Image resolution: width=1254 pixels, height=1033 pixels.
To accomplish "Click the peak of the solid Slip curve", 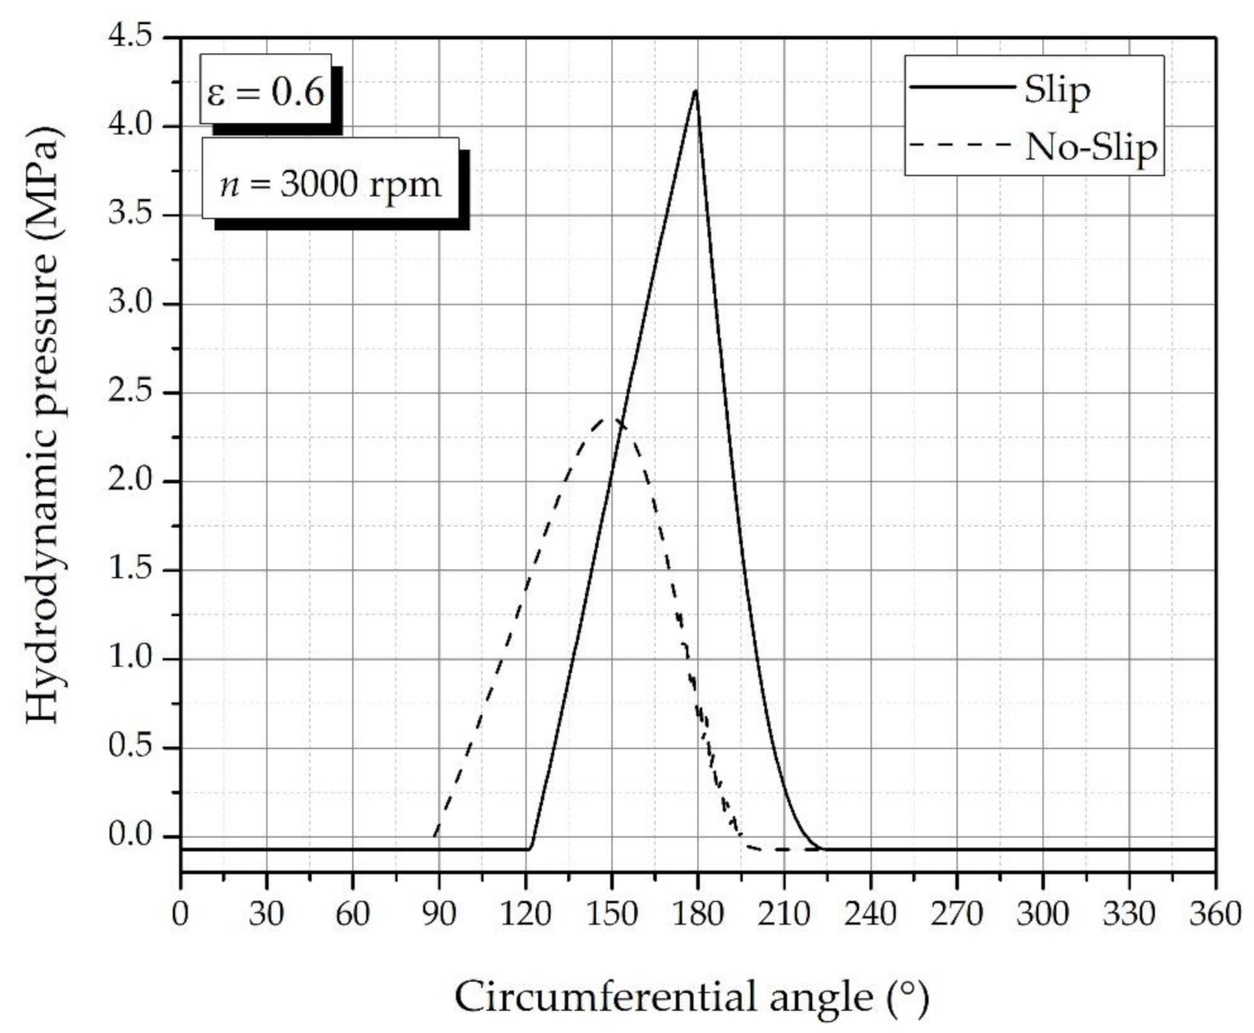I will click(x=696, y=91).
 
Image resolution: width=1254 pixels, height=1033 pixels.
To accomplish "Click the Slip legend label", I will click(x=1057, y=91).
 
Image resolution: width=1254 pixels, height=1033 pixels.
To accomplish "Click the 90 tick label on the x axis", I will click(x=439, y=914).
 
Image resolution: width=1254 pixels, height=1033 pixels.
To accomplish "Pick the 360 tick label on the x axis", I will click(x=1215, y=914).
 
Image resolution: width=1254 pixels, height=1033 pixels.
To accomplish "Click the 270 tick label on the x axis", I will click(x=956, y=914).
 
